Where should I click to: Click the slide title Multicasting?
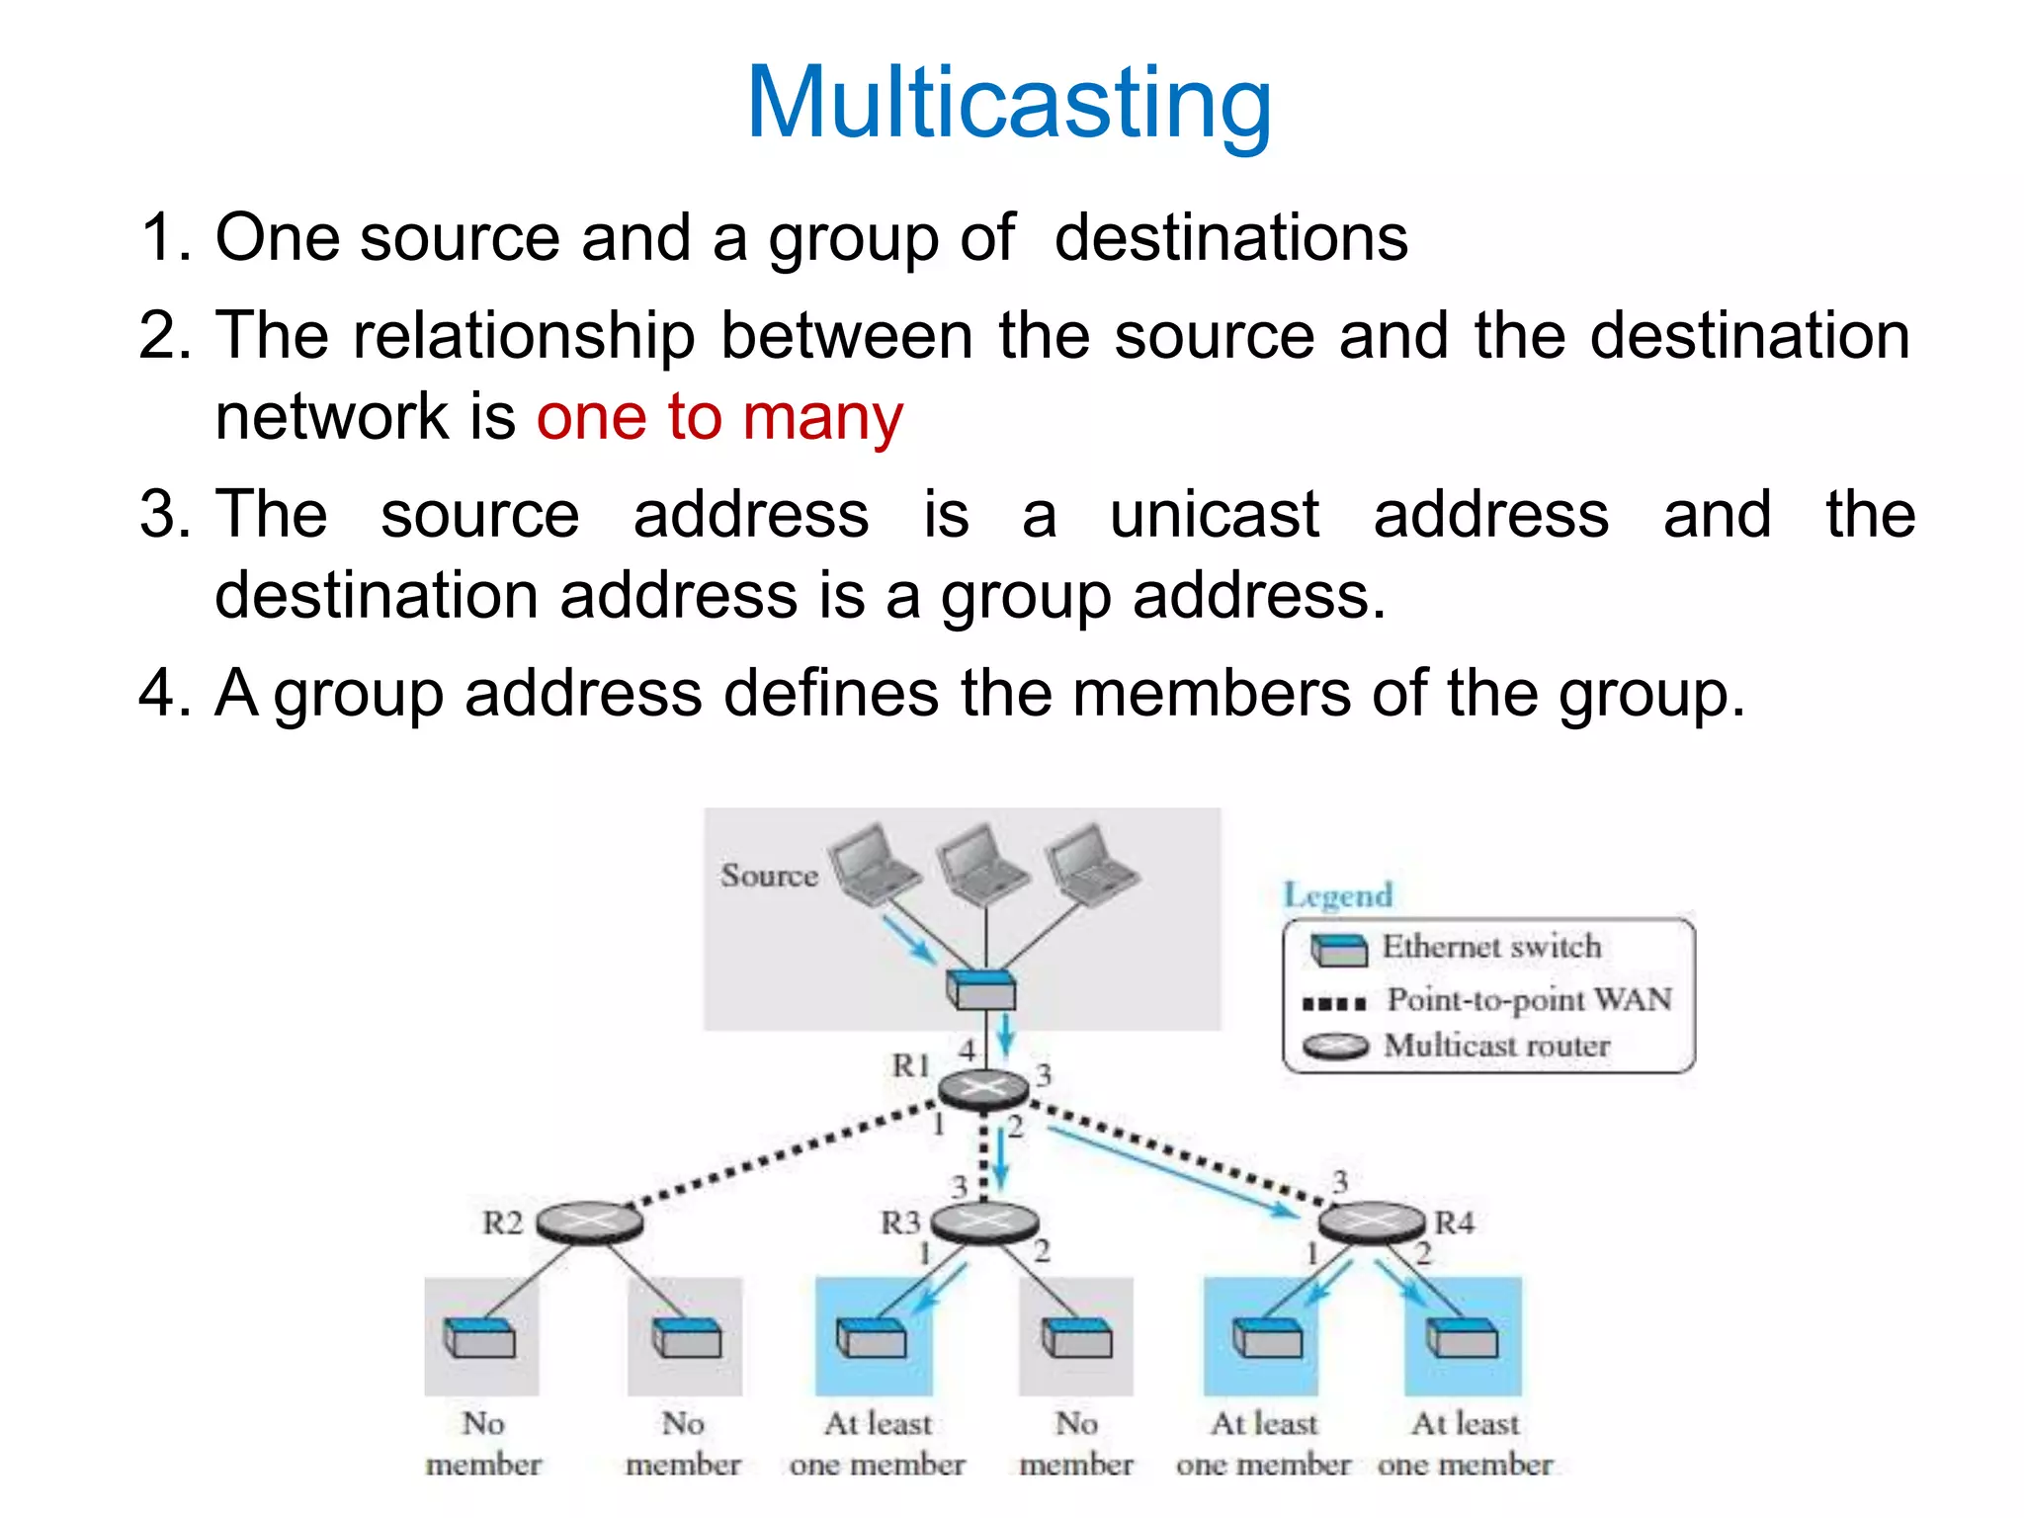coord(1009,103)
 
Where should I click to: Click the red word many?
coord(822,417)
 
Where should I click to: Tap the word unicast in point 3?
coord(1214,515)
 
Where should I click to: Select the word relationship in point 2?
coord(524,336)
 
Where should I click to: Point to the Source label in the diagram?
coord(769,876)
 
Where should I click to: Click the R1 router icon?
coord(982,1089)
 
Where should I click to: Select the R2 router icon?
coord(589,1223)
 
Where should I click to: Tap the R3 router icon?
coord(984,1223)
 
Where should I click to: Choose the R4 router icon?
coord(1372,1223)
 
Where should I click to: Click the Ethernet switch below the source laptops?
coord(980,988)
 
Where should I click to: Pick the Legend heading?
coord(1337,895)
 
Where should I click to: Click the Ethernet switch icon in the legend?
coord(1338,949)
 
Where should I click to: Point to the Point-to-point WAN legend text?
coord(1529,1000)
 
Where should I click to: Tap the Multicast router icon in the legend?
coord(1335,1046)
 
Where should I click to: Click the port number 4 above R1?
coord(967,1051)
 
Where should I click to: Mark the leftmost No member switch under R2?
coord(480,1337)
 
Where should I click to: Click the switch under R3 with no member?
coord(1076,1339)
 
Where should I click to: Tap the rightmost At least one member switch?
coord(1463,1339)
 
